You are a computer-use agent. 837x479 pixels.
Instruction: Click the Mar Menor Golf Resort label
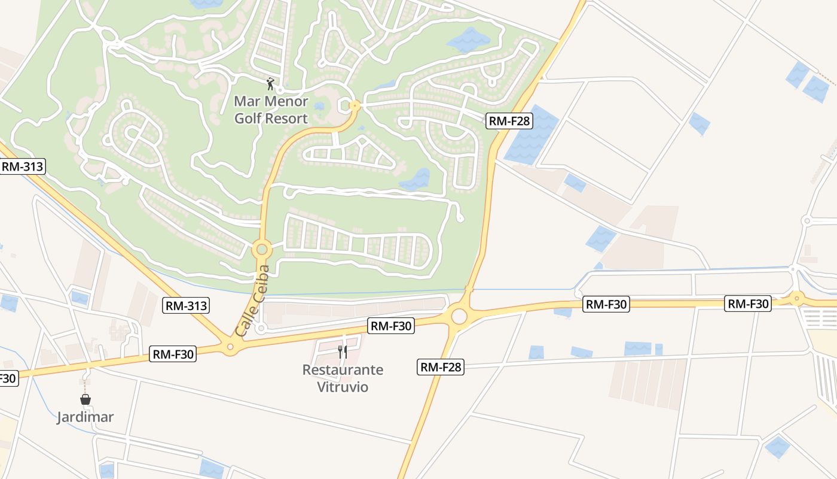pyautogui.click(x=271, y=110)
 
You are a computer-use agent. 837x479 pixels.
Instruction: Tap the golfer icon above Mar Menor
pyautogui.click(x=271, y=83)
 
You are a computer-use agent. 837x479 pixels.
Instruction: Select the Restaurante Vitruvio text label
pyautogui.click(x=343, y=378)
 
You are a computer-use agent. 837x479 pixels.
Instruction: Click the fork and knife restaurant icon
pyautogui.click(x=343, y=351)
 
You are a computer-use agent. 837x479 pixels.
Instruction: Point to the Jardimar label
pyautogui.click(x=85, y=417)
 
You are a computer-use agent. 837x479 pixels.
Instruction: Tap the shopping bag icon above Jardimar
pyautogui.click(x=85, y=399)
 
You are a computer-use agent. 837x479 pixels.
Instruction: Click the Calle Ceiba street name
pyautogui.click(x=253, y=301)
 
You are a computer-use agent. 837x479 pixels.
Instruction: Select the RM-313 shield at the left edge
pyautogui.click(x=22, y=166)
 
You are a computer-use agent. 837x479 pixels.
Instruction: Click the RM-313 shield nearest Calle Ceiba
pyautogui.click(x=186, y=306)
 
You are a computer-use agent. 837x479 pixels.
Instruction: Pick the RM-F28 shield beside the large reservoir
pyautogui.click(x=509, y=121)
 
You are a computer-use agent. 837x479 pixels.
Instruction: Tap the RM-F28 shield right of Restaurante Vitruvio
pyautogui.click(x=441, y=367)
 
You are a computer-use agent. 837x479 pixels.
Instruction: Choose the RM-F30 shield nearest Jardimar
pyautogui.click(x=173, y=354)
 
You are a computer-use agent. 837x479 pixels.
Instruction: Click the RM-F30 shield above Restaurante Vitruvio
pyautogui.click(x=392, y=326)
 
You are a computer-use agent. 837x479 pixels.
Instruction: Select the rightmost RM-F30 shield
pyautogui.click(x=748, y=304)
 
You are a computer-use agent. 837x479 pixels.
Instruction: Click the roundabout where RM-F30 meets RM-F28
pyautogui.click(x=459, y=315)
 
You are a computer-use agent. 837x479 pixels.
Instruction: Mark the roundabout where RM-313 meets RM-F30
pyautogui.click(x=230, y=346)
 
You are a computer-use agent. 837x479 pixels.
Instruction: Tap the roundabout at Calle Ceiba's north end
pyautogui.click(x=261, y=248)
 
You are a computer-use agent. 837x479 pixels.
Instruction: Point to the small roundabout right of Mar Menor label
pyautogui.click(x=355, y=105)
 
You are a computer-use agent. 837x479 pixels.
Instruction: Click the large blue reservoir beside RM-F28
pyautogui.click(x=531, y=135)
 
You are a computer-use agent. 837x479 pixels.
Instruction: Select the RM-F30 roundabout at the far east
pyautogui.click(x=796, y=298)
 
